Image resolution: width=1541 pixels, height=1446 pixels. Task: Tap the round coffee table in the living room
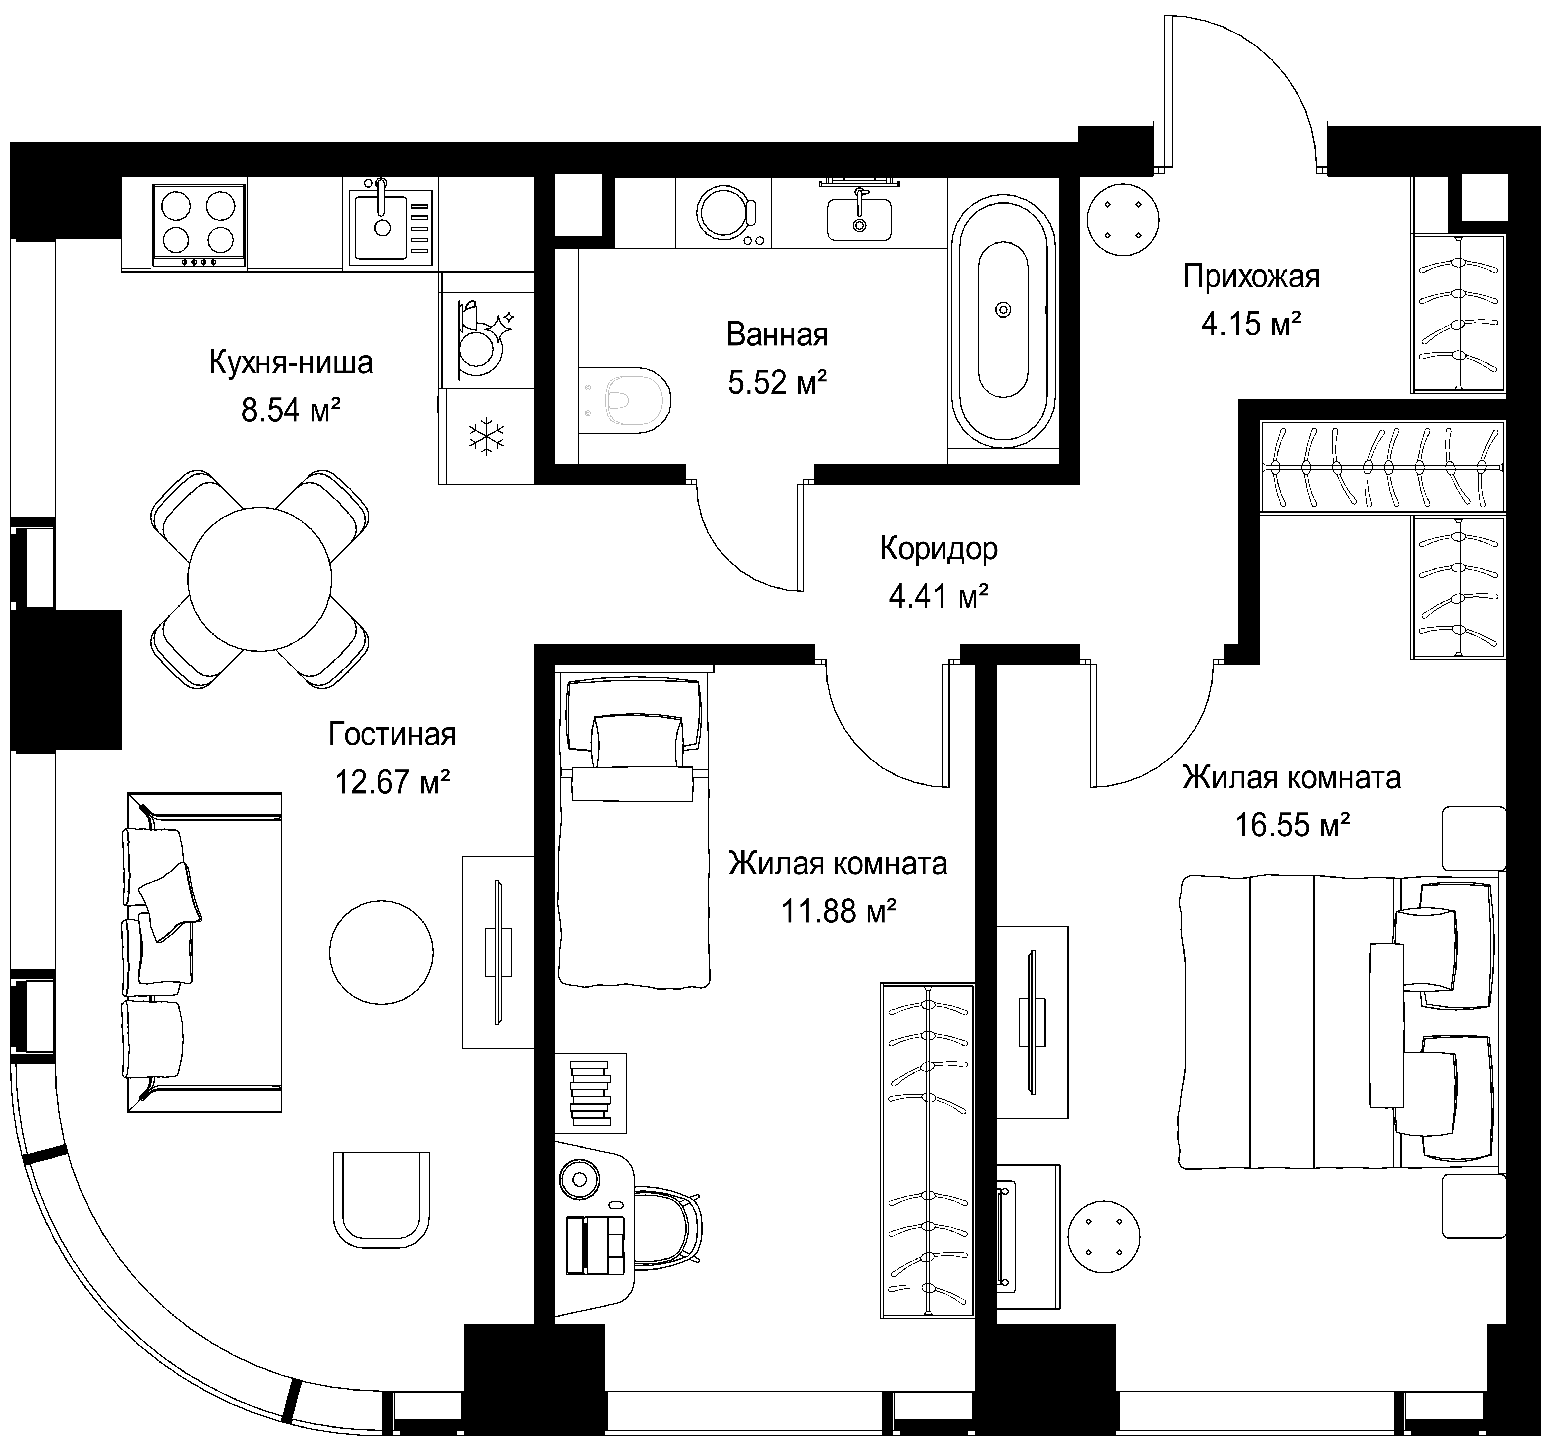click(381, 952)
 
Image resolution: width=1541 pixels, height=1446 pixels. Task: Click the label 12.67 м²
click(392, 781)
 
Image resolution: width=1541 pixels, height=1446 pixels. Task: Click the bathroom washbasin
click(859, 218)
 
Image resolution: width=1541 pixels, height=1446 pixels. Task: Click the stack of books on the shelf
click(590, 1093)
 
